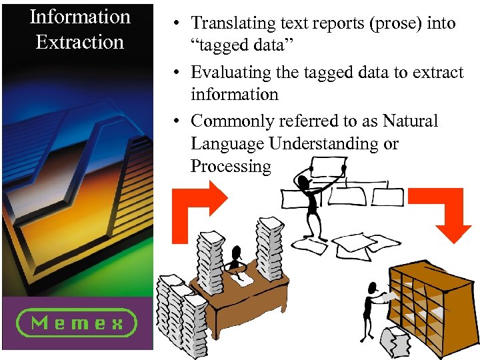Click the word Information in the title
pyautogui.click(x=80, y=17)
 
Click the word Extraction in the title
pyautogui.click(x=80, y=42)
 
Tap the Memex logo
pyautogui.click(x=77, y=323)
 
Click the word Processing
pyautogui.click(x=231, y=167)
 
